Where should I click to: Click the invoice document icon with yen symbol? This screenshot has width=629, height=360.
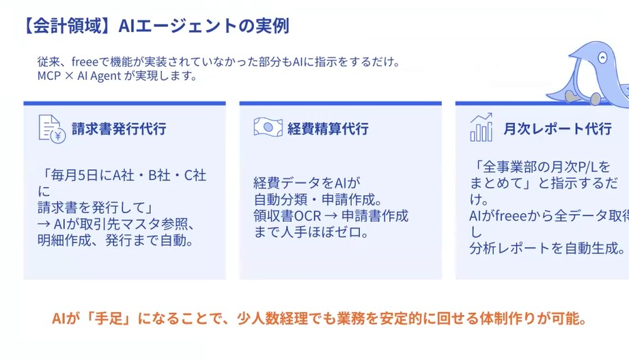coord(52,129)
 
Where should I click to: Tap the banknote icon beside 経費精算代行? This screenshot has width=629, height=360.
coord(268,127)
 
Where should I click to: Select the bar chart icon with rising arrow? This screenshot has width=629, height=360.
coord(481,127)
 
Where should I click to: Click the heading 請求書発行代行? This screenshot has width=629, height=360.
coord(119,129)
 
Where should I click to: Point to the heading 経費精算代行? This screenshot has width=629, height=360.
coord(328,129)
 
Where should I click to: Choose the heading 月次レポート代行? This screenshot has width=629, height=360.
coord(557,129)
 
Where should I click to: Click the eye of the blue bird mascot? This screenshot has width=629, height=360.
coord(602,58)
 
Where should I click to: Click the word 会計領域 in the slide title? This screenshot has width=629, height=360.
coord(67,26)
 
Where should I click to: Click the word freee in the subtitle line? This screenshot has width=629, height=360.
coord(85,61)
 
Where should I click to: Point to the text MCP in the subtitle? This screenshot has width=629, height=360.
coord(49,76)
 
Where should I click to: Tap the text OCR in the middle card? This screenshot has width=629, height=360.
coord(308,216)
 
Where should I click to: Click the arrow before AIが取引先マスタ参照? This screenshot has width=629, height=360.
coord(44,224)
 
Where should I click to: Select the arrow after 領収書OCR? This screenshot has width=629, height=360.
coord(331,216)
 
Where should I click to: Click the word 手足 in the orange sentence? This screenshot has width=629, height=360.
coord(109,318)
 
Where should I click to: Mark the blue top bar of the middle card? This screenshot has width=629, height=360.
coord(341,104)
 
